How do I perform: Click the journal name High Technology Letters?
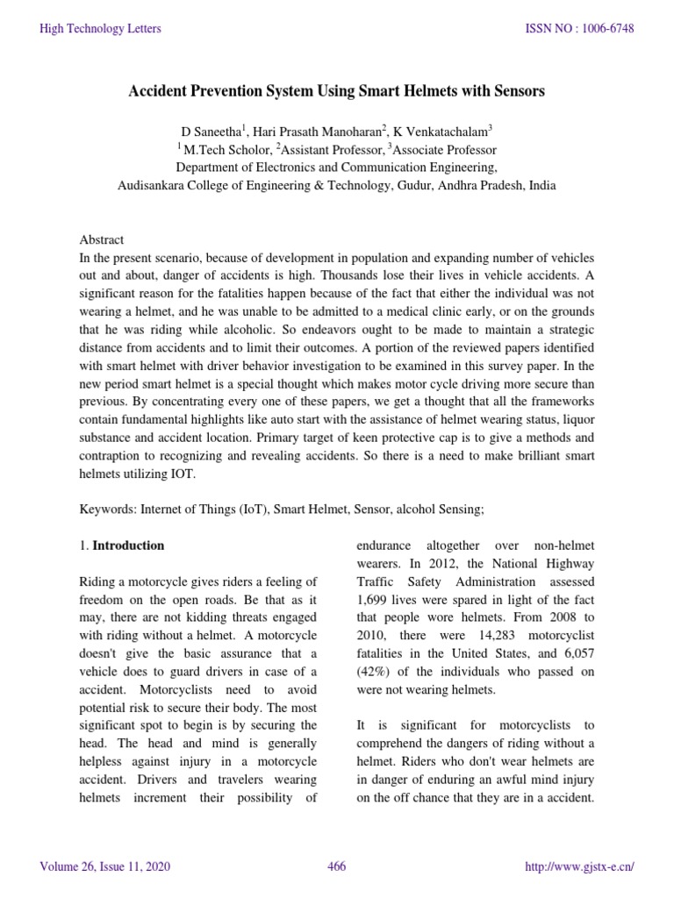[x=100, y=29]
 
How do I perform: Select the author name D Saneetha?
[x=211, y=131]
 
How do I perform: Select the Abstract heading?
[x=102, y=239]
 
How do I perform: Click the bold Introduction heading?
[x=128, y=545]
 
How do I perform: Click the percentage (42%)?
[x=374, y=671]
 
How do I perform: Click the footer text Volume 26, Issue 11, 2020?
[x=105, y=867]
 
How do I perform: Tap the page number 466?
[x=336, y=867]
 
